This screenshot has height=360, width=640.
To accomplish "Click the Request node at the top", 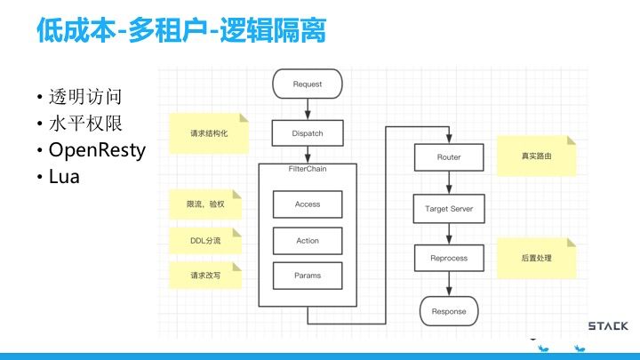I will pyautogui.click(x=307, y=85).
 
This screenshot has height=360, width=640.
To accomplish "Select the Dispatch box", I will pyautogui.click(x=307, y=133).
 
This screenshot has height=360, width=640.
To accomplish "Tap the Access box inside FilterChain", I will pyautogui.click(x=307, y=204).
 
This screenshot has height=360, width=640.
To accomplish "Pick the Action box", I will pyautogui.click(x=307, y=240).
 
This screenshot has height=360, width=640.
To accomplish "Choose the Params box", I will pyautogui.click(x=307, y=276).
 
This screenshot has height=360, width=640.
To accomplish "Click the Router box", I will pyautogui.click(x=448, y=157).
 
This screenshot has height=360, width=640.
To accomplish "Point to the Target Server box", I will pyautogui.click(x=448, y=209).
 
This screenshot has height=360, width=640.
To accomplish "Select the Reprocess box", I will pyautogui.click(x=448, y=259).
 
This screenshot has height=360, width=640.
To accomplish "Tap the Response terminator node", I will pyautogui.click(x=448, y=311).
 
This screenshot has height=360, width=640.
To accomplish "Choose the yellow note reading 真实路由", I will pyautogui.click(x=536, y=156).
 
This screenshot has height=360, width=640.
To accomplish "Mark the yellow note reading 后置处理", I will pyautogui.click(x=536, y=258).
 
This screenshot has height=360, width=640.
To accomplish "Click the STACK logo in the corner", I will pyautogui.click(x=608, y=326).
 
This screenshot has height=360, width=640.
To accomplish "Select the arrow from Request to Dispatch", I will pyautogui.click(x=307, y=108).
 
